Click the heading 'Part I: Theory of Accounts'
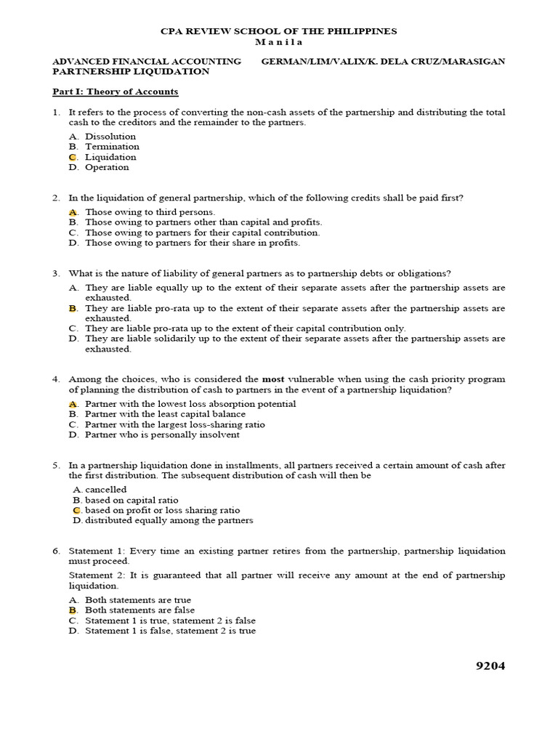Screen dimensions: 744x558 (x=115, y=92)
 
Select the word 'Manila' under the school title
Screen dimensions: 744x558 (x=279, y=42)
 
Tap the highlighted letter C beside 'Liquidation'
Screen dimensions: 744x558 (x=73, y=157)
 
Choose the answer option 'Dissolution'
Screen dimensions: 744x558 (x=110, y=137)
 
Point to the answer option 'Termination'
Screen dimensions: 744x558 (x=112, y=147)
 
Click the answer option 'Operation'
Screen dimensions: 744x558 (x=107, y=167)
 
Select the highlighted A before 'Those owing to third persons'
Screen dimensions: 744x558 (x=73, y=212)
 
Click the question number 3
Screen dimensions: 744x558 (x=56, y=274)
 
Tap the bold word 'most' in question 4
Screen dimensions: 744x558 (x=272, y=379)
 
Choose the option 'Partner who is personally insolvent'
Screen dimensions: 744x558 (x=162, y=434)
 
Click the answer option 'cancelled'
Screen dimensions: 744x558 (x=105, y=490)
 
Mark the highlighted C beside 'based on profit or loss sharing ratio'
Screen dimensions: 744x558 (x=76, y=510)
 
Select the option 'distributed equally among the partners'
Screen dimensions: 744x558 (x=169, y=520)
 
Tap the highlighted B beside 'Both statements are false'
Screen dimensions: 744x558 (x=73, y=610)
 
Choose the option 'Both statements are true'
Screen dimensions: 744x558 (x=138, y=600)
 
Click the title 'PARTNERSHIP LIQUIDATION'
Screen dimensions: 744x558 (x=131, y=72)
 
